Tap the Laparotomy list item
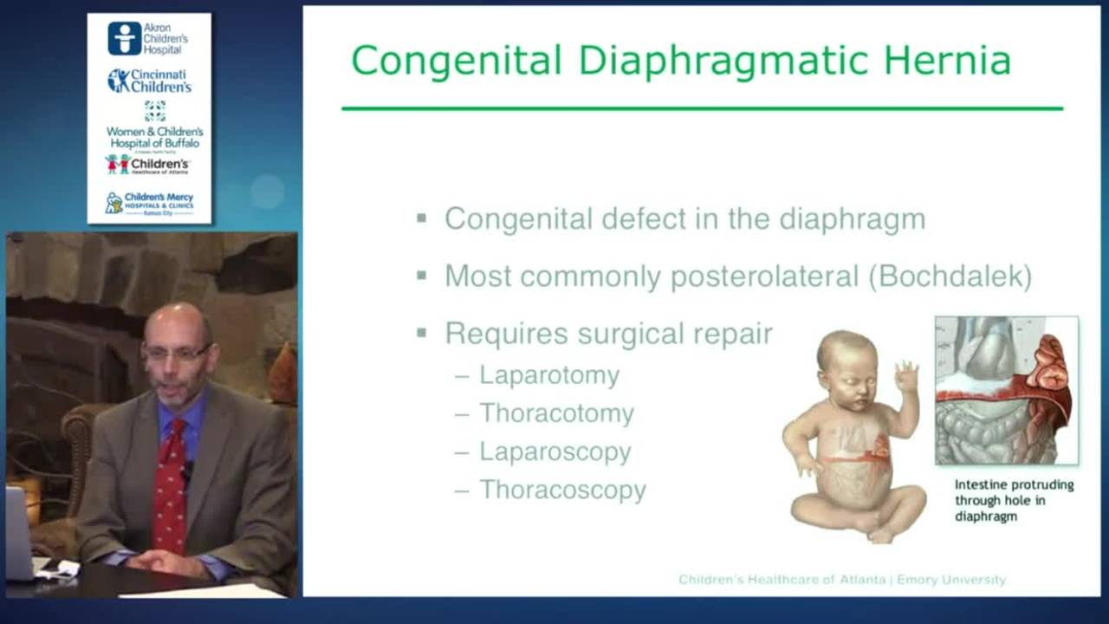[549, 375]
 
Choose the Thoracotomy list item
[556, 413]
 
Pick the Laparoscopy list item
[554, 452]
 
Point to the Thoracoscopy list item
[562, 490]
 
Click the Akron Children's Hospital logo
[148, 38]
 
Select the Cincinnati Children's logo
[149, 81]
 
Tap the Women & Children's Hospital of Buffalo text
[154, 136]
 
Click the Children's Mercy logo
[149, 203]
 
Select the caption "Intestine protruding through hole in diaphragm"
[1013, 500]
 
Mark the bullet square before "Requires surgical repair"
[421, 333]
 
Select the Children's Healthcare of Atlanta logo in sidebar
[147, 165]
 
